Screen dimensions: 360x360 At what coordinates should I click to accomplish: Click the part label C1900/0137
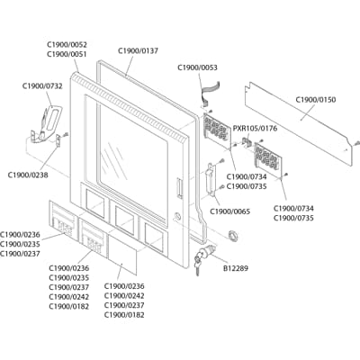(138, 51)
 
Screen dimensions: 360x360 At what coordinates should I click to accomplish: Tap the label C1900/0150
(315, 99)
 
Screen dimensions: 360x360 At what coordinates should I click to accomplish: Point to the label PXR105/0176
(255, 129)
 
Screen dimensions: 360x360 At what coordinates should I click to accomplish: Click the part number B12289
(238, 267)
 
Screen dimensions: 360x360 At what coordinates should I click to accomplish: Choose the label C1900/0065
(231, 211)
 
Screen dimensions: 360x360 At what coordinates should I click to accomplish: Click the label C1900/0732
(42, 86)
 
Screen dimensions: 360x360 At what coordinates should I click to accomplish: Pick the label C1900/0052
(67, 43)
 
